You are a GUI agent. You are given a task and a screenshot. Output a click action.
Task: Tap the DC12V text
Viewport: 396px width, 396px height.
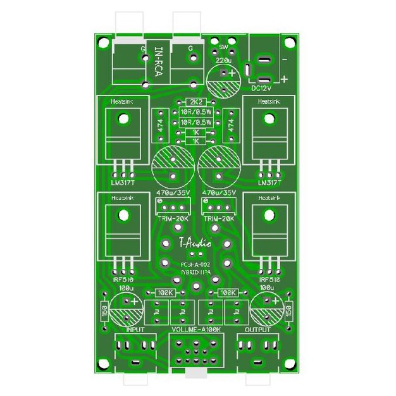tap(261, 89)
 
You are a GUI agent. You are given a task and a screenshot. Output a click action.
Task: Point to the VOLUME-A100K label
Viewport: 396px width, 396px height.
tap(197, 330)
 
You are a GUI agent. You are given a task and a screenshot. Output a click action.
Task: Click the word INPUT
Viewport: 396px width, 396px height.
tap(135, 330)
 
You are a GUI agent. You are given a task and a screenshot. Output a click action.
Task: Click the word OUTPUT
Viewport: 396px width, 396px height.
tap(258, 330)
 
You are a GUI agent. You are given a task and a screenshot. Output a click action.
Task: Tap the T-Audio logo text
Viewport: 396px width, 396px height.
tap(195, 242)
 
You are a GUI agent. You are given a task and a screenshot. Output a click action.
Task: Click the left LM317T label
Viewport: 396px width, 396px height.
tap(122, 183)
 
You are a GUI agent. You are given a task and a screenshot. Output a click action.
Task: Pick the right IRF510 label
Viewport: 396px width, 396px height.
tap(270, 278)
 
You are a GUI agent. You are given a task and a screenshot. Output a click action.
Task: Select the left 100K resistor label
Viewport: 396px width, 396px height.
tap(166, 293)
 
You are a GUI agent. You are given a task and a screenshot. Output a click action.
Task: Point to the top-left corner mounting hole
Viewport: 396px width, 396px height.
tap(102, 43)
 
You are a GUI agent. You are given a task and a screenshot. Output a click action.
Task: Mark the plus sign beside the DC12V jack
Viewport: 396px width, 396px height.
tap(285, 79)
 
